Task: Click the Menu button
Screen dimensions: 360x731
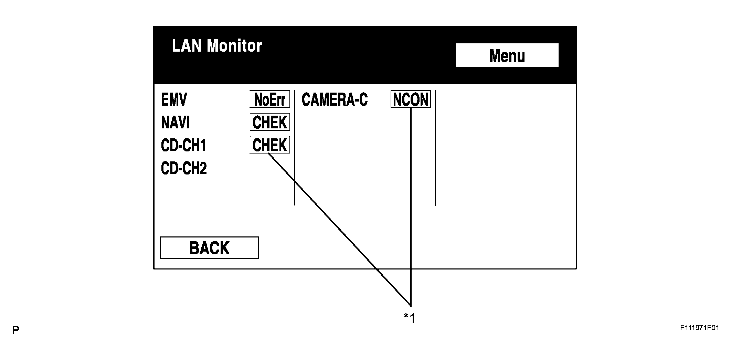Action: [507, 55]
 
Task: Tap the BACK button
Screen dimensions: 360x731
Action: [209, 248]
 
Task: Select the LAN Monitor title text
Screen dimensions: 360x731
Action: [216, 46]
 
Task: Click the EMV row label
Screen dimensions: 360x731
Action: [174, 100]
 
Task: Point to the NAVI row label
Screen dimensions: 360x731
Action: [176, 123]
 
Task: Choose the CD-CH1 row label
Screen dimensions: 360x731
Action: [183, 145]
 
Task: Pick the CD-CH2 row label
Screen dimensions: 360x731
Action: [184, 168]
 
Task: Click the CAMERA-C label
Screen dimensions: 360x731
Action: [335, 100]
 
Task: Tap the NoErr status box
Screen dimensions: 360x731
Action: [270, 99]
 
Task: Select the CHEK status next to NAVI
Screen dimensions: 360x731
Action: [270, 122]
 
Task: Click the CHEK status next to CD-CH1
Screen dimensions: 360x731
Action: [270, 145]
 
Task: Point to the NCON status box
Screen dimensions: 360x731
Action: [411, 99]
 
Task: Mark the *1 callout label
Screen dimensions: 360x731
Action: [410, 318]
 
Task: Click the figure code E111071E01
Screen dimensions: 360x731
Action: [699, 328]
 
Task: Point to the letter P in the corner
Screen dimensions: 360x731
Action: [15, 331]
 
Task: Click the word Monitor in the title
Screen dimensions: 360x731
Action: [234, 46]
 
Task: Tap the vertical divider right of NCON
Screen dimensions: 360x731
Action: [435, 148]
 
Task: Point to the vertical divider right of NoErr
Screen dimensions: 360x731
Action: [294, 148]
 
